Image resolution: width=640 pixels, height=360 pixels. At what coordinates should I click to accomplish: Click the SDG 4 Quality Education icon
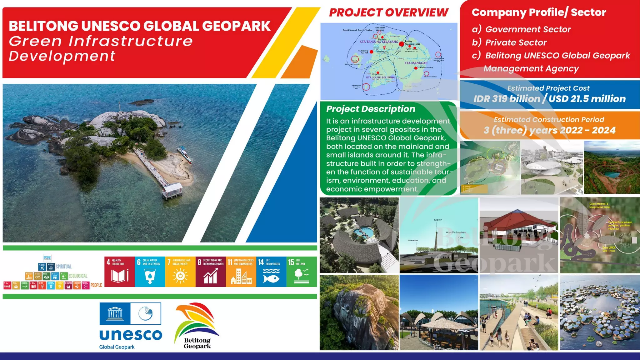119,272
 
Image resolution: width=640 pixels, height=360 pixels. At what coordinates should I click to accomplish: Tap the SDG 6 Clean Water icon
150,272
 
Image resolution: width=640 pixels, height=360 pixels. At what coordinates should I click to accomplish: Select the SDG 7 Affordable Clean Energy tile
180,272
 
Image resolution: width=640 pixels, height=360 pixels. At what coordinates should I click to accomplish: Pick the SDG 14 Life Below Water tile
271,272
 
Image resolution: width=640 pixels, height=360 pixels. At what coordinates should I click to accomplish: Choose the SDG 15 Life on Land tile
301,272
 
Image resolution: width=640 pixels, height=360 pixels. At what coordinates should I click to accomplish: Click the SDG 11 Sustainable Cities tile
241,272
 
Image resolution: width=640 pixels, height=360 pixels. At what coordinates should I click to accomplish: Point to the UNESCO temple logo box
115,313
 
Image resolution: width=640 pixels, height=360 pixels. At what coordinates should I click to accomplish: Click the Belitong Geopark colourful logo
197,325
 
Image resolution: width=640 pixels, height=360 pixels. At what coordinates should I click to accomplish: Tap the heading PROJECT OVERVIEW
388,13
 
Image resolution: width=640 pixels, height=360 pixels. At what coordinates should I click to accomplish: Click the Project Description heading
371,109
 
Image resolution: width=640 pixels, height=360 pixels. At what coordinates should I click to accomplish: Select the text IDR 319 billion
506,99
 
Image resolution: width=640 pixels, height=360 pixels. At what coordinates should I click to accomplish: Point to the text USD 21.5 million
587,99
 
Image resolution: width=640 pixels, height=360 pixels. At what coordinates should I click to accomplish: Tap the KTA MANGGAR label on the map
416,63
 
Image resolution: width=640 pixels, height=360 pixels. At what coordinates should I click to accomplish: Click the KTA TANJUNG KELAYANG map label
378,42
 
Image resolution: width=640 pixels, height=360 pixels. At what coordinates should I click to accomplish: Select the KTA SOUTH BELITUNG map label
380,77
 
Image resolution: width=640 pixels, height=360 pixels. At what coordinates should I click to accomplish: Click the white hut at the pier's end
172,190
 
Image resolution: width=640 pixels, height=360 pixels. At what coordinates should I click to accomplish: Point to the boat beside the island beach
185,154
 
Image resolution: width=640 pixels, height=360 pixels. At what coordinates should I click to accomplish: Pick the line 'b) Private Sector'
509,42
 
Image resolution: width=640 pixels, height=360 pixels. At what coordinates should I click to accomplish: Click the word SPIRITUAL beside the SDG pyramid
64,267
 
